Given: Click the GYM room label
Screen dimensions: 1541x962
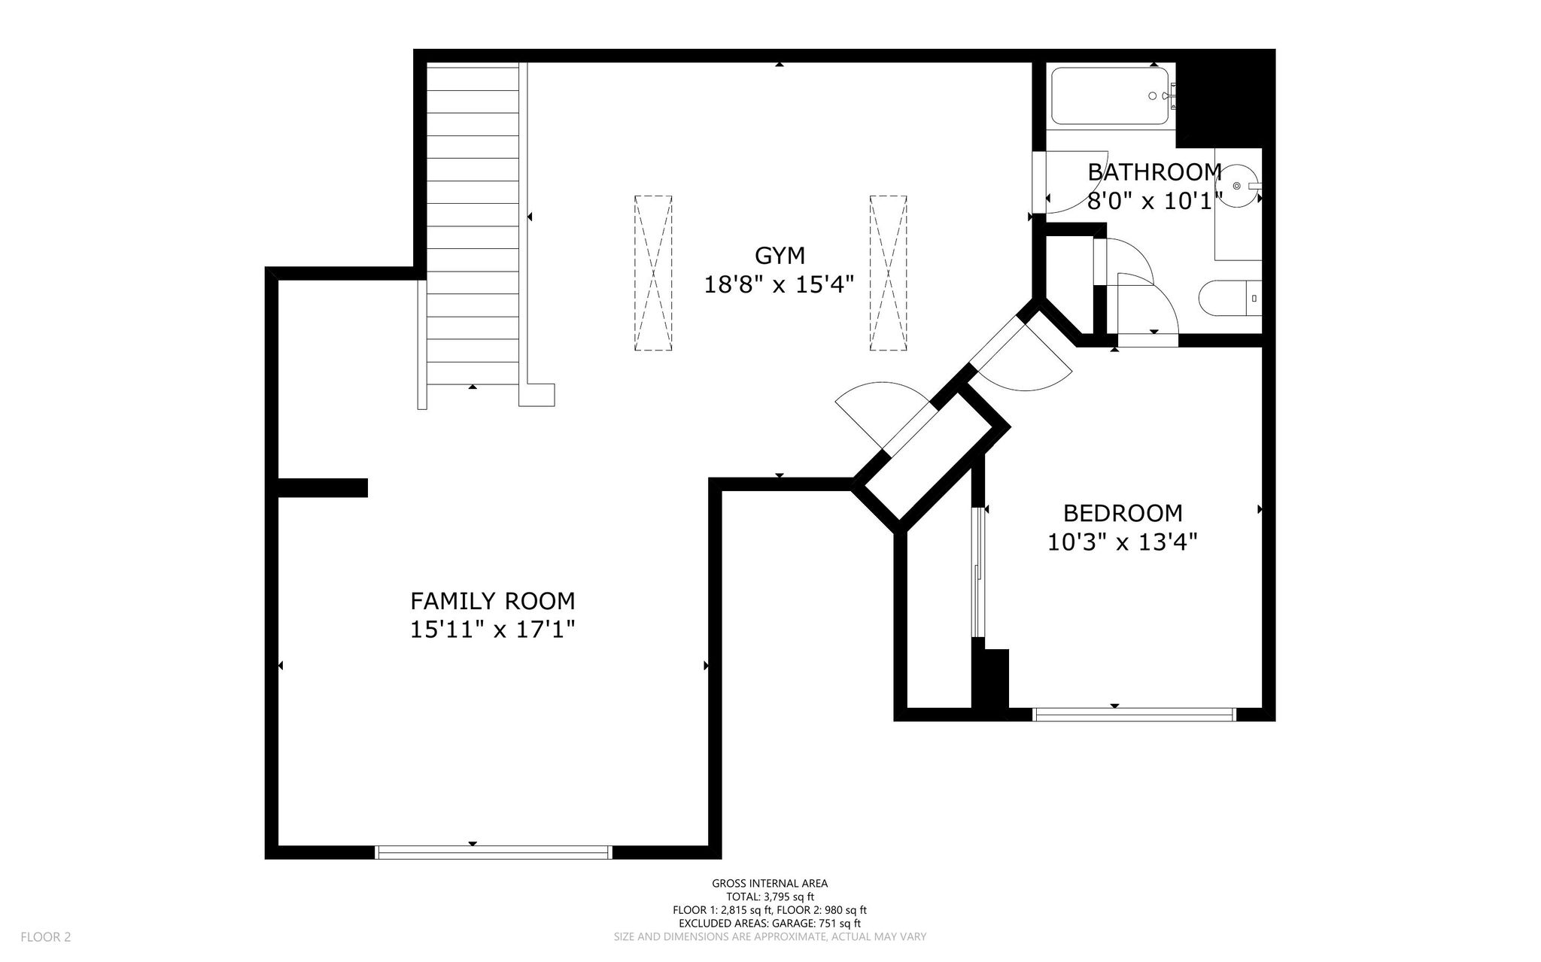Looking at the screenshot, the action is click(780, 256).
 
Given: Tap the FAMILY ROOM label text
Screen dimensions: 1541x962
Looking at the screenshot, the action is click(493, 601).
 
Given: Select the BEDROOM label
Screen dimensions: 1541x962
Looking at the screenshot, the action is click(1123, 513).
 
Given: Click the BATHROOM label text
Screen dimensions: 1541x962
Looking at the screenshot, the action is click(1155, 172).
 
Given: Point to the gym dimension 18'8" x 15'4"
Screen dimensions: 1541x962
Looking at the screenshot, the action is click(780, 285).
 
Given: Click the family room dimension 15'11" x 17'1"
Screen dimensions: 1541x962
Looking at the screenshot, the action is click(493, 630).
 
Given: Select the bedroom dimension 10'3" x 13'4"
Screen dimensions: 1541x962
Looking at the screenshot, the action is click(1123, 542).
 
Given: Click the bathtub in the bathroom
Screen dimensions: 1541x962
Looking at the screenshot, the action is click(1111, 96).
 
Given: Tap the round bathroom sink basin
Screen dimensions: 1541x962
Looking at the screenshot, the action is click(1237, 184).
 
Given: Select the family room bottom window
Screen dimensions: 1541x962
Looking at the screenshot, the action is click(494, 851).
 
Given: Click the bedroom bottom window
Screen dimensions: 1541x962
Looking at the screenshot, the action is click(1135, 715).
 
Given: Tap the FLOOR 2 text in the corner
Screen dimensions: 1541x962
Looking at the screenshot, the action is click(46, 937).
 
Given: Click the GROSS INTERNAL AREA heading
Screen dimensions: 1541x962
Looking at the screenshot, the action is click(770, 884).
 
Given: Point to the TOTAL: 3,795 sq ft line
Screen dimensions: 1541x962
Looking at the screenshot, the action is click(770, 897).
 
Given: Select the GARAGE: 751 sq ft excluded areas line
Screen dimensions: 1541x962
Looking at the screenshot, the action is click(770, 924).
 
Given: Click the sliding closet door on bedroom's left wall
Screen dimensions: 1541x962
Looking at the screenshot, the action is click(978, 572).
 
